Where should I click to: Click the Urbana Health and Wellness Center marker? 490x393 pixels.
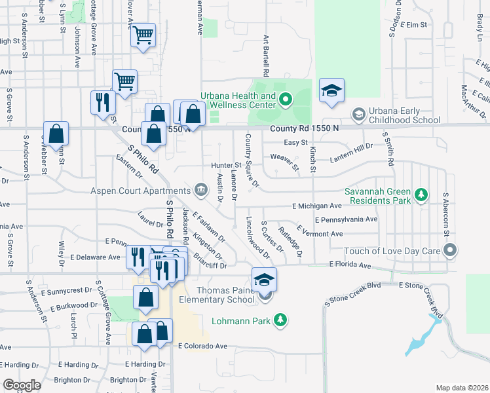[285, 100]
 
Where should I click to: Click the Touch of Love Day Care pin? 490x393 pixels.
[449, 250]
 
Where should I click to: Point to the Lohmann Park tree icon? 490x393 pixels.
[280, 320]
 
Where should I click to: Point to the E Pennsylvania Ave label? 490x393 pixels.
[346, 219]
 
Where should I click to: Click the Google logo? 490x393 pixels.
[22, 384]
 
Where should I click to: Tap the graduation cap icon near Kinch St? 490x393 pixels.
[331, 92]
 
